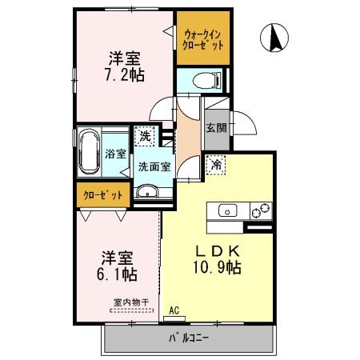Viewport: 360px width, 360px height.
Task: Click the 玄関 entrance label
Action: (215, 129)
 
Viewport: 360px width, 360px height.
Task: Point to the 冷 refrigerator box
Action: (217, 165)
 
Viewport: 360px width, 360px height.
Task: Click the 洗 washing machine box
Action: (145, 137)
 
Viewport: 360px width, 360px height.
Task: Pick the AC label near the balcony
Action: (174, 308)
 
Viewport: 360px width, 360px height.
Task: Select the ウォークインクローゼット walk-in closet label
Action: (204, 40)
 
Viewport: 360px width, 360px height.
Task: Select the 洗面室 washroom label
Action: (154, 167)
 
